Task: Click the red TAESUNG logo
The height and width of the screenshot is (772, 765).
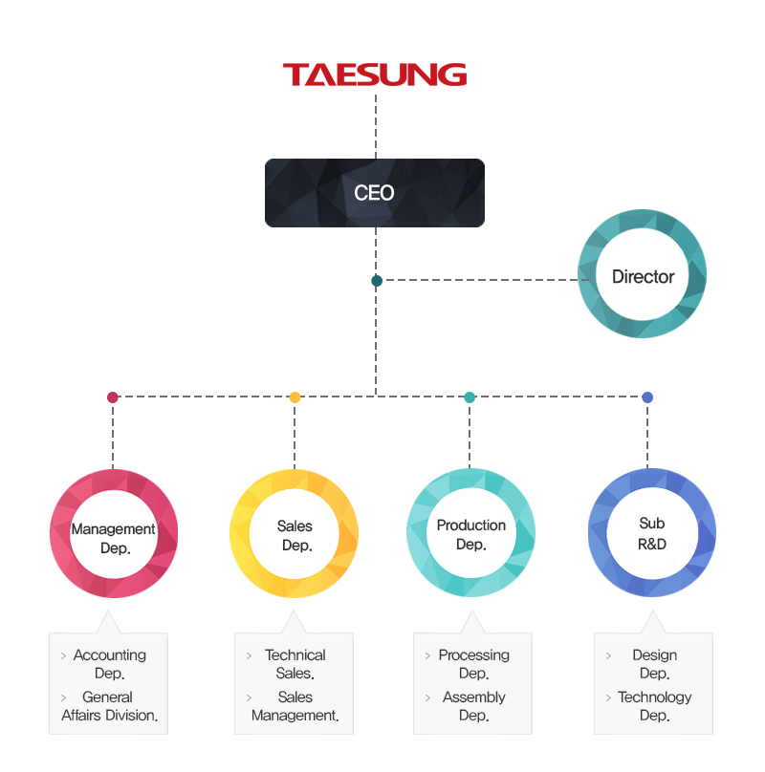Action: click(375, 75)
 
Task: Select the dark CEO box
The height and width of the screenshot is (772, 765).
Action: click(375, 192)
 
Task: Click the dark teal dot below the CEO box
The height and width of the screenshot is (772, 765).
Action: click(377, 281)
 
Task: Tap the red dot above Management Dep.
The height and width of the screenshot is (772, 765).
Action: click(113, 397)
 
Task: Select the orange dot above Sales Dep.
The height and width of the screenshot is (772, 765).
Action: click(295, 397)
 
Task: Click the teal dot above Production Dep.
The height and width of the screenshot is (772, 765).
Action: click(470, 397)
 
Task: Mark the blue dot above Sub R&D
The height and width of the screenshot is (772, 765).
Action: click(647, 397)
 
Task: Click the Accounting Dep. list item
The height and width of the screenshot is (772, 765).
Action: click(109, 664)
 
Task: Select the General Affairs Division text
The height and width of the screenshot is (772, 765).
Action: click(109, 706)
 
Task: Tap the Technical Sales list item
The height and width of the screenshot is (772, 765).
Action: click(295, 664)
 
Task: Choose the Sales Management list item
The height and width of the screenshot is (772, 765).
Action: click(295, 706)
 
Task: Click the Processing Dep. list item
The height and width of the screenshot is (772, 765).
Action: click(473, 664)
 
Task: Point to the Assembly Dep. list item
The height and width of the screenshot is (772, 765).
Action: click(473, 706)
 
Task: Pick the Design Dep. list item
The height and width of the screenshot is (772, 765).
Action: click(655, 664)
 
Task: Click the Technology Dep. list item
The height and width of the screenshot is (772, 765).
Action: click(655, 706)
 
